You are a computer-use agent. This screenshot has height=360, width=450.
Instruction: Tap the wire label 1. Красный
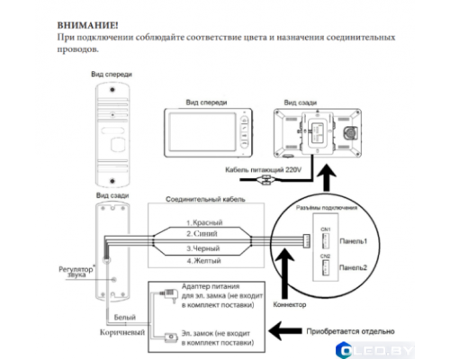click(x=206, y=220)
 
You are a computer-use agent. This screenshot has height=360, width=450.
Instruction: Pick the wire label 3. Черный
click(x=206, y=247)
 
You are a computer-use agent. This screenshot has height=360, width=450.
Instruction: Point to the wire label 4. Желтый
click(x=206, y=260)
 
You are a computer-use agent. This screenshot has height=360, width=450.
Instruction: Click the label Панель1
click(x=352, y=242)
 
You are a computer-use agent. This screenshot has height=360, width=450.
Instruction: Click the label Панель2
click(x=352, y=267)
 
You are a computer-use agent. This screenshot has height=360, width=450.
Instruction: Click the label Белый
click(x=125, y=319)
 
